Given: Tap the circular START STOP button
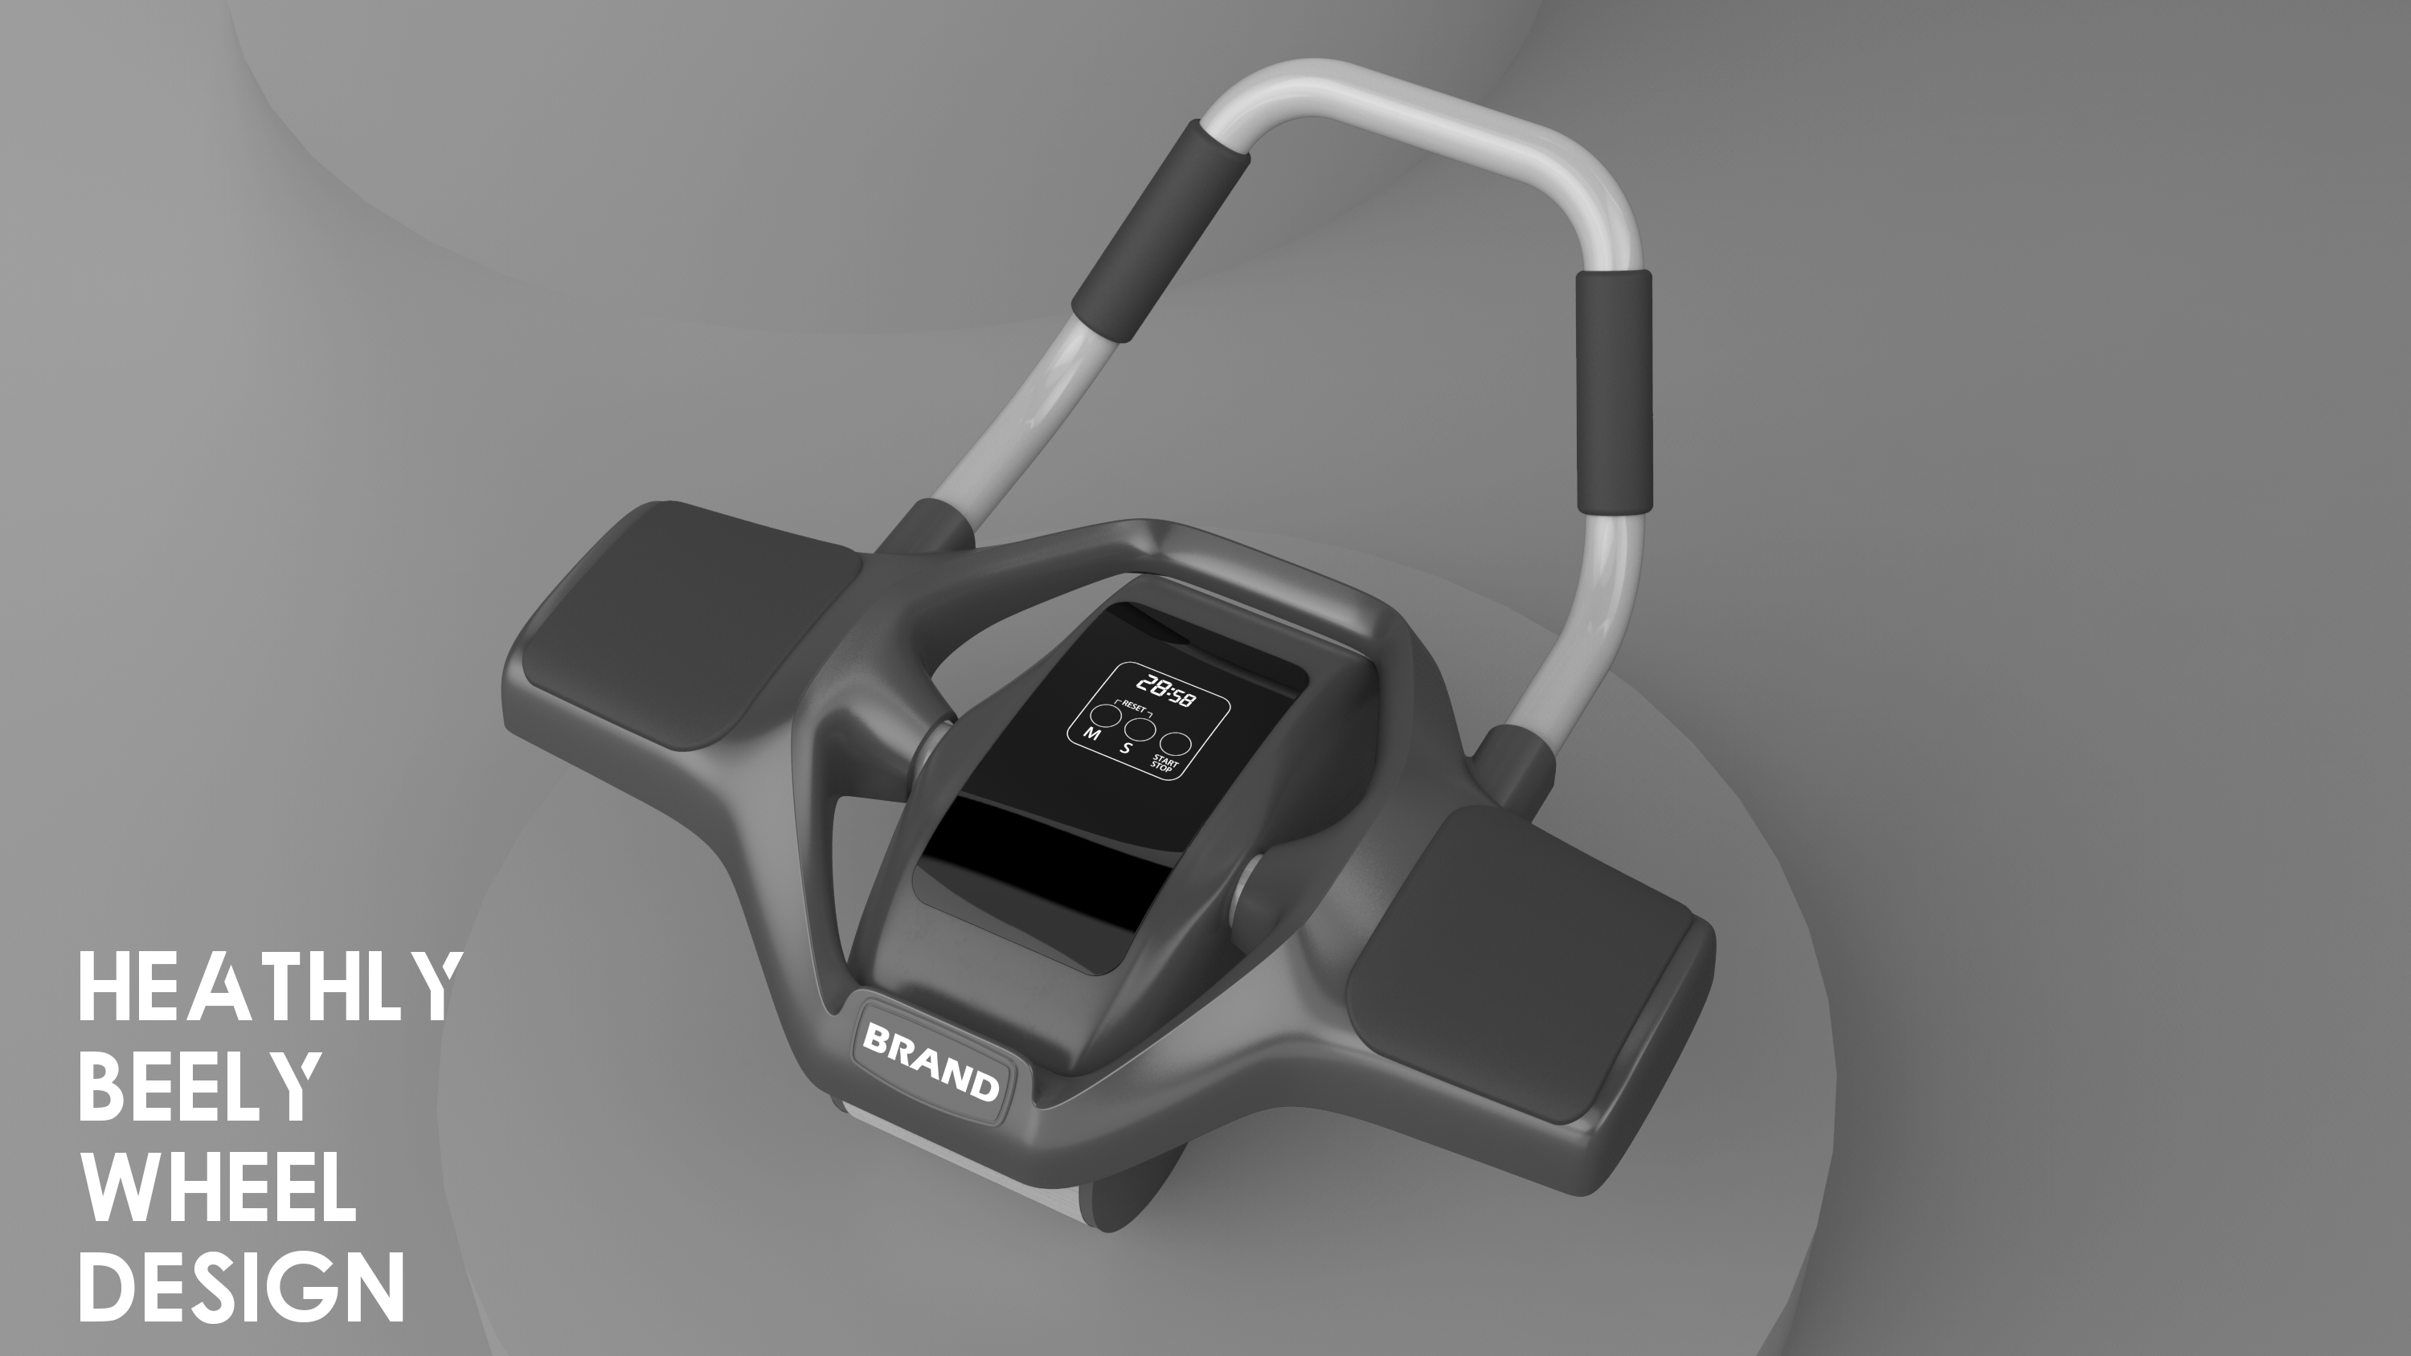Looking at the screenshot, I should pyautogui.click(x=1176, y=744).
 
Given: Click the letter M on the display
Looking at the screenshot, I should pyautogui.click(x=1091, y=734).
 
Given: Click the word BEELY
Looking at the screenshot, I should pyautogui.click(x=199, y=1088).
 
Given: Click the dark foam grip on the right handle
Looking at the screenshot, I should pyautogui.click(x=1614, y=391).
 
